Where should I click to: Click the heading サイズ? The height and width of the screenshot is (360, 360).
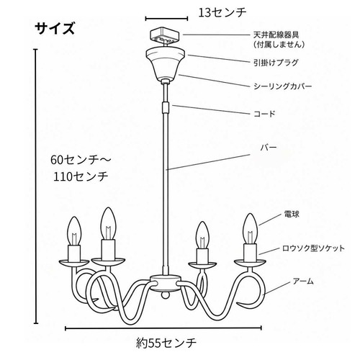pos(55,29)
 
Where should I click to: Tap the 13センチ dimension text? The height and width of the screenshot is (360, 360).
pos(222,13)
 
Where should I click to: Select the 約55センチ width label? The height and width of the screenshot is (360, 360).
pos(166,343)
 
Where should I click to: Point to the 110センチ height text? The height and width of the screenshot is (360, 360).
pos(81,176)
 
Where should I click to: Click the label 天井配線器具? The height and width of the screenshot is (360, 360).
pos(276,35)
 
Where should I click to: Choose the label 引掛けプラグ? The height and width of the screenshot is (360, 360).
pos(276,63)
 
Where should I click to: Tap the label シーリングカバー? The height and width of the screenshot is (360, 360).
pos(283,86)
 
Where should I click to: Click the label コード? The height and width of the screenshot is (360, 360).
pos(264,114)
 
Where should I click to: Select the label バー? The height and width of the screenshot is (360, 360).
pos(269,148)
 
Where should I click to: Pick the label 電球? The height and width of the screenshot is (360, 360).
pos(292,214)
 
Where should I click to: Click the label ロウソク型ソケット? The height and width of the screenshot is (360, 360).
pos(313,248)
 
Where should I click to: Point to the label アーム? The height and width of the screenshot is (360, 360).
pos(303,281)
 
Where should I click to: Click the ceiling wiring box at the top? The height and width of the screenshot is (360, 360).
pos(165,37)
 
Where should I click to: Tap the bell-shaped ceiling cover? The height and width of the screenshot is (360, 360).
pos(166,63)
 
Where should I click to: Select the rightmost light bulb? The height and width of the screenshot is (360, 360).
pos(250,228)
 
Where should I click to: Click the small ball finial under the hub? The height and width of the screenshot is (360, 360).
pos(165,294)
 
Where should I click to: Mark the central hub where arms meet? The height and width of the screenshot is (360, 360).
pos(165,282)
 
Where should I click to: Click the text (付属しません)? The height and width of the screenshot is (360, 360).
pos(279,45)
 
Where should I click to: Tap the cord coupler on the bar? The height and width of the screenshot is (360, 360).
pos(166,107)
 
